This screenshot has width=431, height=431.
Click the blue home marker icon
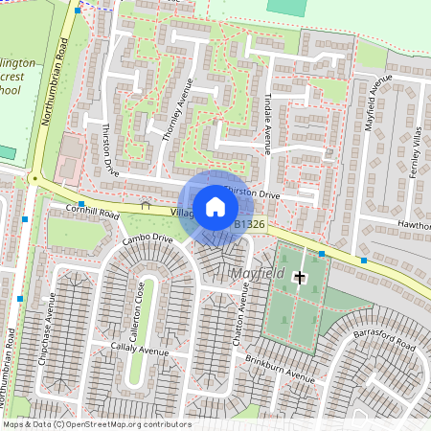(215, 206)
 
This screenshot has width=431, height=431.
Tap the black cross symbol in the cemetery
(300, 278)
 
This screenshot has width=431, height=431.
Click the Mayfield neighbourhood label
(259, 275)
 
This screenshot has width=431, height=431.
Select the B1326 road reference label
(248, 224)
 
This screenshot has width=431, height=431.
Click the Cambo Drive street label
(147, 238)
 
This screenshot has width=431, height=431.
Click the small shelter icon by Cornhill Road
(146, 204)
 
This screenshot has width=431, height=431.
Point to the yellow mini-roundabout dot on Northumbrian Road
(34, 179)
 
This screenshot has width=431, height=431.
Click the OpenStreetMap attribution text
(96, 424)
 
